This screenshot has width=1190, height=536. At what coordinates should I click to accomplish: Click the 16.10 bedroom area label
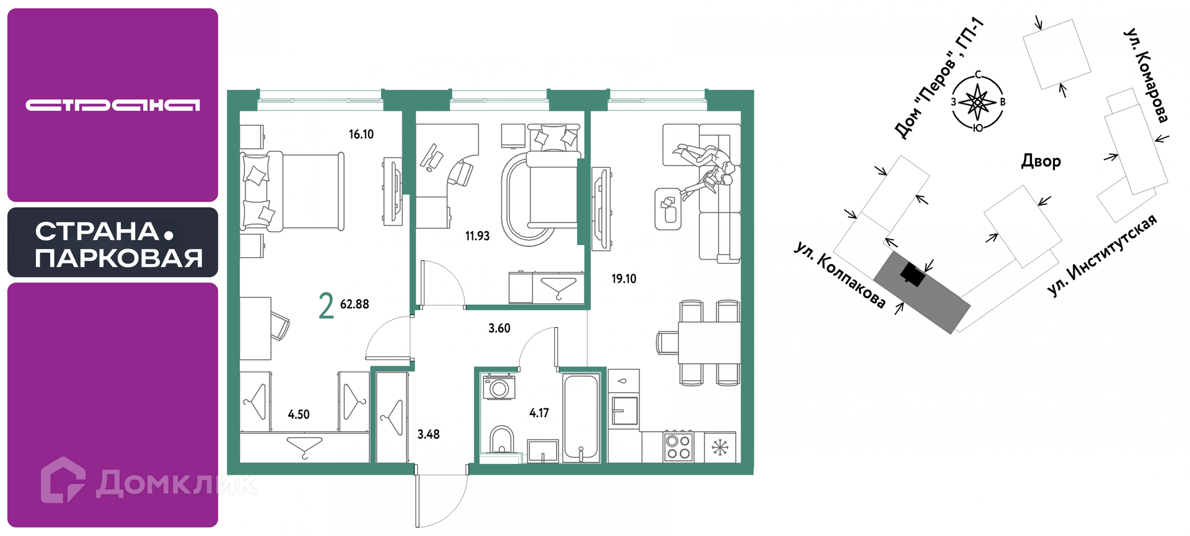(x=361, y=134)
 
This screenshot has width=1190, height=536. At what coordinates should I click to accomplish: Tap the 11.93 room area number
(x=477, y=236)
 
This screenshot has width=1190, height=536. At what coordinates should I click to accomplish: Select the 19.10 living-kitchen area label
(x=624, y=279)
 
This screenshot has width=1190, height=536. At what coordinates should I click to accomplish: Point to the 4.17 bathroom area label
(x=539, y=413)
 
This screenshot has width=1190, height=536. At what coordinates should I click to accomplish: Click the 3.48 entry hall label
(x=428, y=434)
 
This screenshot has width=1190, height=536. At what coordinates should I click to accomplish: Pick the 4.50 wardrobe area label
(x=299, y=415)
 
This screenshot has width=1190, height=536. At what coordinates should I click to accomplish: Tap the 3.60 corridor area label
(x=500, y=328)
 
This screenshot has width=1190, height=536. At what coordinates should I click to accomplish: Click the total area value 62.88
(x=355, y=304)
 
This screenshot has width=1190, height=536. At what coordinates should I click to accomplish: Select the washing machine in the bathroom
(x=499, y=387)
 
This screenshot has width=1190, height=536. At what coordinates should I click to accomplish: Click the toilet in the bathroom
(x=501, y=439)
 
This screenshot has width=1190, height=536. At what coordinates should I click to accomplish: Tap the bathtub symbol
(x=581, y=418)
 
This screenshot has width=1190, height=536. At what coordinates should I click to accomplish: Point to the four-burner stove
(x=678, y=447)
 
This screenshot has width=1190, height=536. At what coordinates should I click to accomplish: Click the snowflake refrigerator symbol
(x=720, y=447)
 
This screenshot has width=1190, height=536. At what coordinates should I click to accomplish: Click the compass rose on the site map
(x=977, y=102)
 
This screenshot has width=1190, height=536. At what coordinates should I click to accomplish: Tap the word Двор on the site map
(x=1041, y=161)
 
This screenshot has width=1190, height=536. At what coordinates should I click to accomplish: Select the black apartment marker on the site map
(x=912, y=273)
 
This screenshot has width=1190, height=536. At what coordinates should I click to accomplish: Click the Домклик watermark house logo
(x=63, y=480)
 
